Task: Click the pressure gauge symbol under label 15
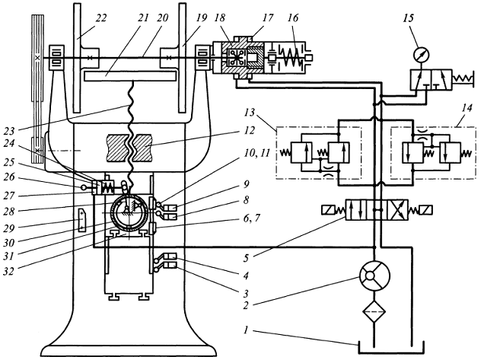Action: tap(422, 54)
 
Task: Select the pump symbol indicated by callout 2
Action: tap(374, 276)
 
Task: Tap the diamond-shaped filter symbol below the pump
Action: tap(374, 311)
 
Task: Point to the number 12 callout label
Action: tap(248, 131)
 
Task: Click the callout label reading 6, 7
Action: tap(251, 218)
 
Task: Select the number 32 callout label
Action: tap(9, 271)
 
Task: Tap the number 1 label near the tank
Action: tap(247, 330)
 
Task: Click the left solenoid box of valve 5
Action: tap(328, 210)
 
